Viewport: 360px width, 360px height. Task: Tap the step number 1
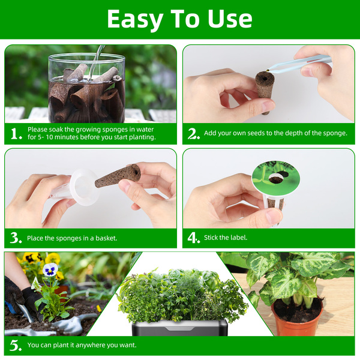16,134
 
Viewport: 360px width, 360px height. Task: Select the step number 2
194,134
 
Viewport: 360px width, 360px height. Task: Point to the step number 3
16,238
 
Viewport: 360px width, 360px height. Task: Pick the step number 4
194,238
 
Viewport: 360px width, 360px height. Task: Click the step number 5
16,345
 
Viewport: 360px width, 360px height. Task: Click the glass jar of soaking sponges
86,88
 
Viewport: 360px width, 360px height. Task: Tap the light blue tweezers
299,64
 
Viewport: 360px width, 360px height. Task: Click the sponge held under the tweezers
265,92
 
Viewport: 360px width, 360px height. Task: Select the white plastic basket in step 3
76,188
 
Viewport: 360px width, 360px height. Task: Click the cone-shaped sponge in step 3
118,175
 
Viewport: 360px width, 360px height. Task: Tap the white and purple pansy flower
50,269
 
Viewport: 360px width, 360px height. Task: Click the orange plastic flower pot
298,316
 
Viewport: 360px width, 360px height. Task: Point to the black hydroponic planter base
180,328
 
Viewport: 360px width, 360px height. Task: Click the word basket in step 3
106,238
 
